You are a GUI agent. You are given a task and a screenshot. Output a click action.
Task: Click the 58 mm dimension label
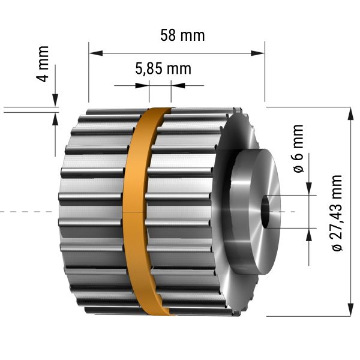tap(182, 35)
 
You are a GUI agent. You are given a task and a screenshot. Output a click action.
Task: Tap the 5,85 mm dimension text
tap(163, 68)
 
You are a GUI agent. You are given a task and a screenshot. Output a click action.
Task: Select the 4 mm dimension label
tap(43, 64)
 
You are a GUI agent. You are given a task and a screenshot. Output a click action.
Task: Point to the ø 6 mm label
tap(298, 149)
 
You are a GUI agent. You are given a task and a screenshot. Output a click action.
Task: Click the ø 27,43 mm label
tap(337, 213)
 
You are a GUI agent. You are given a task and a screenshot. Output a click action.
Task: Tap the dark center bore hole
tap(266, 211)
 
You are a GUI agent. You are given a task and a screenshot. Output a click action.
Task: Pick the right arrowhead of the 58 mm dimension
tap(257, 53)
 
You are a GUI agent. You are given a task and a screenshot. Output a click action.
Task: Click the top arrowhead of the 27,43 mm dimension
tap(350, 113)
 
